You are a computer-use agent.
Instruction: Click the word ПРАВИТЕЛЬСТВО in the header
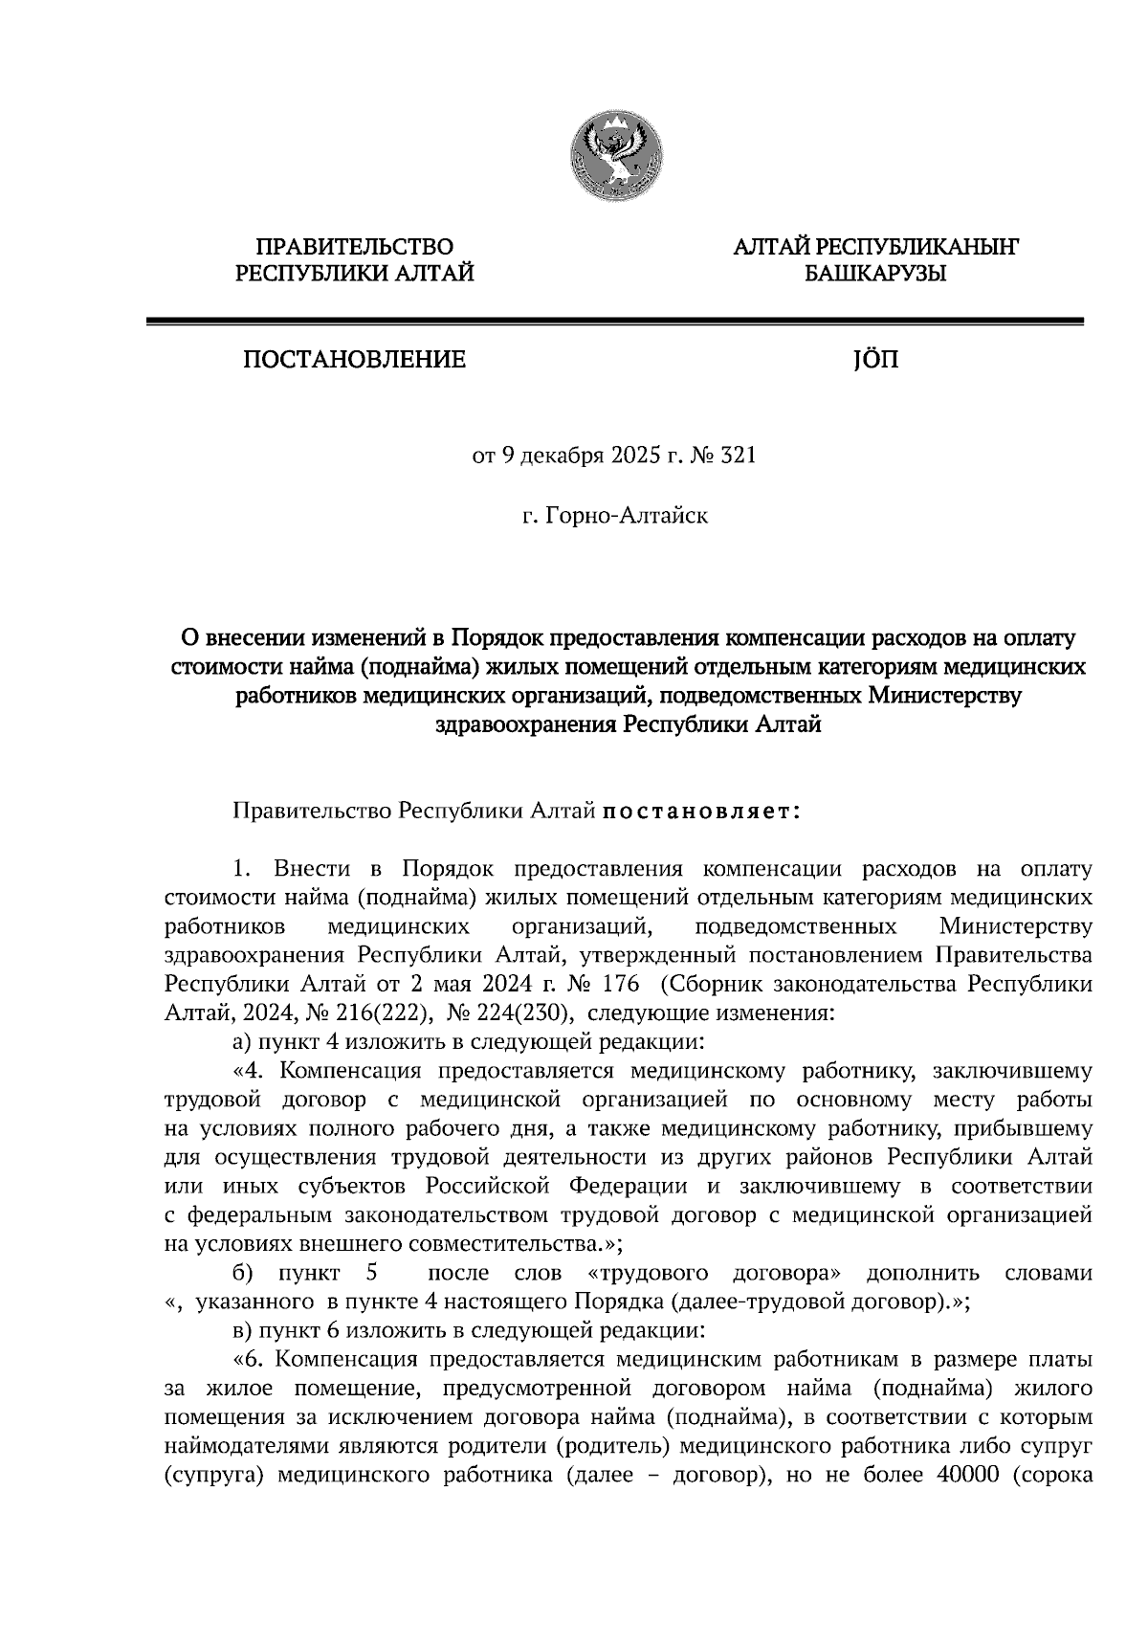[355, 248]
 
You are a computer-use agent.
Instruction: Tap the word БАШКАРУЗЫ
[874, 275]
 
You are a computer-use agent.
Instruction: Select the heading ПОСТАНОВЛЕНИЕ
[354, 361]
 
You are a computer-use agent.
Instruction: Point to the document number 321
[738, 456]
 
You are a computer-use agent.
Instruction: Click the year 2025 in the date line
[628, 456]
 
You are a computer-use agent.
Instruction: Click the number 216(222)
[382, 1013]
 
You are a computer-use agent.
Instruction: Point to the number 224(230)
[524, 1013]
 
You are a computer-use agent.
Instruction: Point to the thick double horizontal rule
[614, 323]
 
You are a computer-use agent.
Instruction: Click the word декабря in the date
[553, 456]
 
